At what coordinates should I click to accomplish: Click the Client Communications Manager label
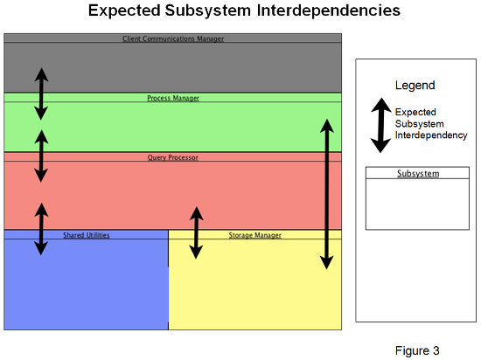click(173, 38)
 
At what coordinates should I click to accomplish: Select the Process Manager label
click(173, 98)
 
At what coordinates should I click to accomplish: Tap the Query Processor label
click(172, 157)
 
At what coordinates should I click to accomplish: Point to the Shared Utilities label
click(87, 235)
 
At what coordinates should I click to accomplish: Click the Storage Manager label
click(254, 235)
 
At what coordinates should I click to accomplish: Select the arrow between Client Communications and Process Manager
click(41, 93)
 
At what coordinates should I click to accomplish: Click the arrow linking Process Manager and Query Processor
click(41, 156)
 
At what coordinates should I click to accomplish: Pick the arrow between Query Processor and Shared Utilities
click(41, 229)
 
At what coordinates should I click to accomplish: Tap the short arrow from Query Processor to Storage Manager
click(196, 232)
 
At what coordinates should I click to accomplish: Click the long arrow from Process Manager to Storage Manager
click(327, 194)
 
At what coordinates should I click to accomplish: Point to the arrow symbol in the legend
click(381, 125)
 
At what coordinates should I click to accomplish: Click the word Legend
click(415, 85)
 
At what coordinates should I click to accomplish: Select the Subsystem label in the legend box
click(418, 173)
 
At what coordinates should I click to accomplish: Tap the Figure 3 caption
click(417, 350)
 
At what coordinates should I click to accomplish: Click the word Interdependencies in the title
click(329, 10)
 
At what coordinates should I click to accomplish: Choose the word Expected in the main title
click(124, 10)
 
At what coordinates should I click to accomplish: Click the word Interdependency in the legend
click(431, 135)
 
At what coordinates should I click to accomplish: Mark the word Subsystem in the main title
click(208, 10)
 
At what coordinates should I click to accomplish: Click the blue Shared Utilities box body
click(87, 284)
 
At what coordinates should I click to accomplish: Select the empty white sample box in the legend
click(417, 204)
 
